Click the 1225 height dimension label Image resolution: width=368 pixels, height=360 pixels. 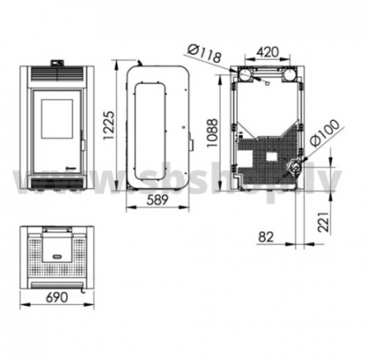[109, 125]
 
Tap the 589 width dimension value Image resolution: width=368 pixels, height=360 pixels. [157, 200]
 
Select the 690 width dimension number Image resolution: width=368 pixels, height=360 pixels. [57, 297]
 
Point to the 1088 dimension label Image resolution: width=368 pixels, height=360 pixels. [212, 133]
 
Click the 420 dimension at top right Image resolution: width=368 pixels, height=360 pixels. [267, 52]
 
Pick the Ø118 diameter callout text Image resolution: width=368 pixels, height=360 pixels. [204, 53]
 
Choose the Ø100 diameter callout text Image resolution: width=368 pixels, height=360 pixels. [325, 133]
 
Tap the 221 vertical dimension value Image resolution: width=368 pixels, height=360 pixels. [323, 222]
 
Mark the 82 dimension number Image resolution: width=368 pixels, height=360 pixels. [266, 237]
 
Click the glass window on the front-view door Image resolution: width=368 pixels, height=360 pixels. [57, 118]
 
